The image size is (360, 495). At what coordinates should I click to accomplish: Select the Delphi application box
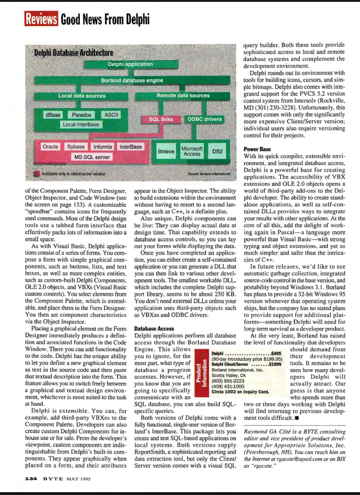(130, 64)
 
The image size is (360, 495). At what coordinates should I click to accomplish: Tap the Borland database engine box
(132, 80)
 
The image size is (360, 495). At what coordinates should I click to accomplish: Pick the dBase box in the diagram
(53, 115)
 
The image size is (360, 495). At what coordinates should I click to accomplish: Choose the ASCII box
(111, 115)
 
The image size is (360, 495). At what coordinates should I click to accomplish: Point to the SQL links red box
(161, 119)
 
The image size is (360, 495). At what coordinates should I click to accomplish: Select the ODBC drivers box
(204, 119)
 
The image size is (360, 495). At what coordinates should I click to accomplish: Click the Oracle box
(50, 147)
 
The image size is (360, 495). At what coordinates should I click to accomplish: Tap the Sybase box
(76, 147)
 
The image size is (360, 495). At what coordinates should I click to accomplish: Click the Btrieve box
(166, 151)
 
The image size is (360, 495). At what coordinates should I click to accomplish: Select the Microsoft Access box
(192, 151)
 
